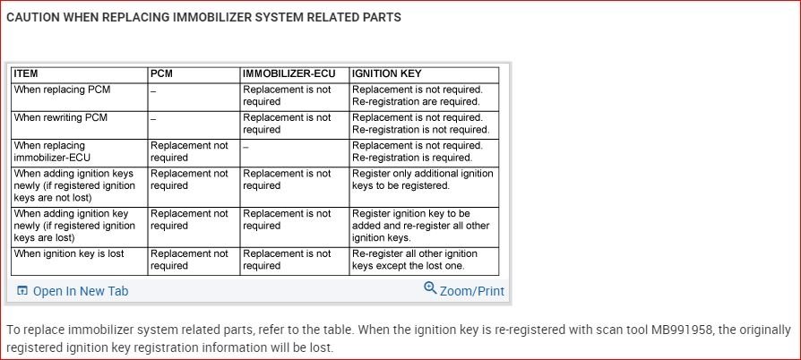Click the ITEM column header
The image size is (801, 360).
point(27,74)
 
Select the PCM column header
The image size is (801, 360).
point(161,74)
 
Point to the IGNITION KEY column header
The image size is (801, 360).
point(387,74)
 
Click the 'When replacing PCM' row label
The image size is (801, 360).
point(63,90)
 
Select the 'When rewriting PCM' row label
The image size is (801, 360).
point(61,117)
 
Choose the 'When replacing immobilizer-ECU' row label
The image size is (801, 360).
point(53,151)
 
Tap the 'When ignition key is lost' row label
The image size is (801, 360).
point(69,253)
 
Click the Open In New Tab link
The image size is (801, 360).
point(81,291)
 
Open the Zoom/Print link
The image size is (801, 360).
point(471,291)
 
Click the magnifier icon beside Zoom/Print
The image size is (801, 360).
point(430,288)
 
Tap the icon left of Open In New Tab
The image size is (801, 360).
point(22,291)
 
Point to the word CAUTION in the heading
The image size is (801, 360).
point(34,17)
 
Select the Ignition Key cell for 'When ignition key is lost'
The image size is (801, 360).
point(415,260)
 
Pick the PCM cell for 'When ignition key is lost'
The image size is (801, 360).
point(189,260)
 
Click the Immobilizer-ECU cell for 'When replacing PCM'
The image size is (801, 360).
point(287,96)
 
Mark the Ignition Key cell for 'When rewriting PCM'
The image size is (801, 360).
point(420,124)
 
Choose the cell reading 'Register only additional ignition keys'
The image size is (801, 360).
point(422,179)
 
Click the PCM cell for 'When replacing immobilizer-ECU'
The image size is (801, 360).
point(189,151)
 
